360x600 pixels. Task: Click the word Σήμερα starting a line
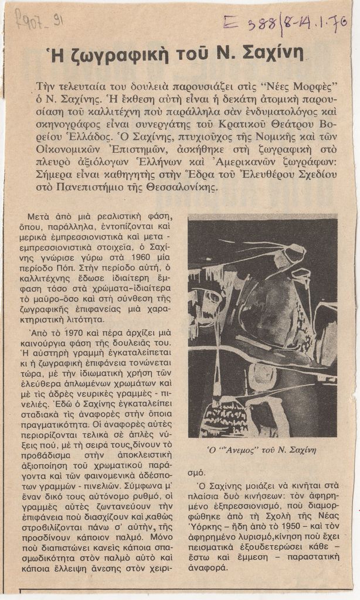(55, 175)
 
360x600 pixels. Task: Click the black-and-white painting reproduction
(262, 327)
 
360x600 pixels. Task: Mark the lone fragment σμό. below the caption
(196, 472)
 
